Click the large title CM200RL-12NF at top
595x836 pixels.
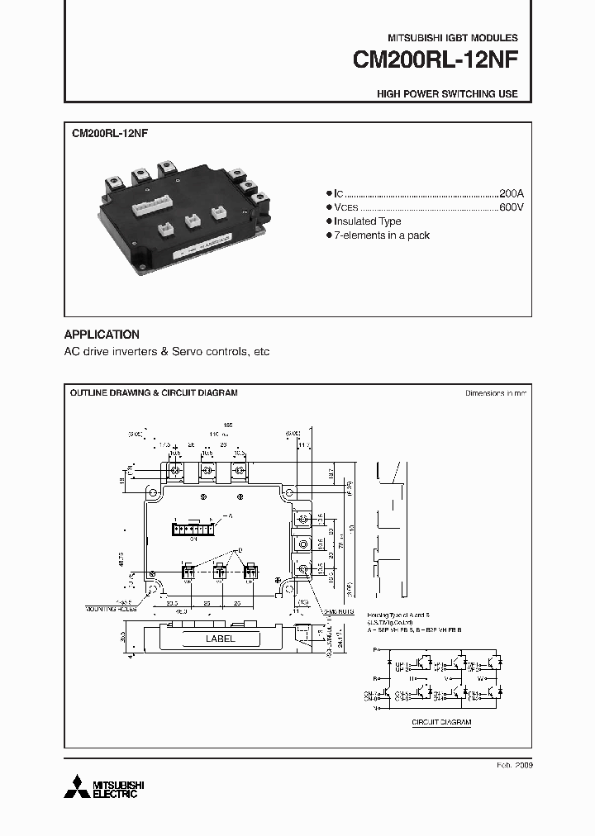[435, 61]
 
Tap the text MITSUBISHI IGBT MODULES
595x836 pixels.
[453, 38]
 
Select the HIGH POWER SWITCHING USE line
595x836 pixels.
[447, 94]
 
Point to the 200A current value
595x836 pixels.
[511, 192]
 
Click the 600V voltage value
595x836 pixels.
[511, 207]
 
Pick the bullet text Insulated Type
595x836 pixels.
[368, 221]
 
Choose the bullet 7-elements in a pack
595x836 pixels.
[383, 235]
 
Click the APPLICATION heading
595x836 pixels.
[102, 335]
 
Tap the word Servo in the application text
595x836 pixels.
[186, 352]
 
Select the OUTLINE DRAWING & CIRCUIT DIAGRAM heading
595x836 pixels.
[153, 393]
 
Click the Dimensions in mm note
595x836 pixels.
[495, 394]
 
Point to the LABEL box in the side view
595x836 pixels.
[220, 639]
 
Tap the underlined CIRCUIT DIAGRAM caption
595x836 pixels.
[441, 722]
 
